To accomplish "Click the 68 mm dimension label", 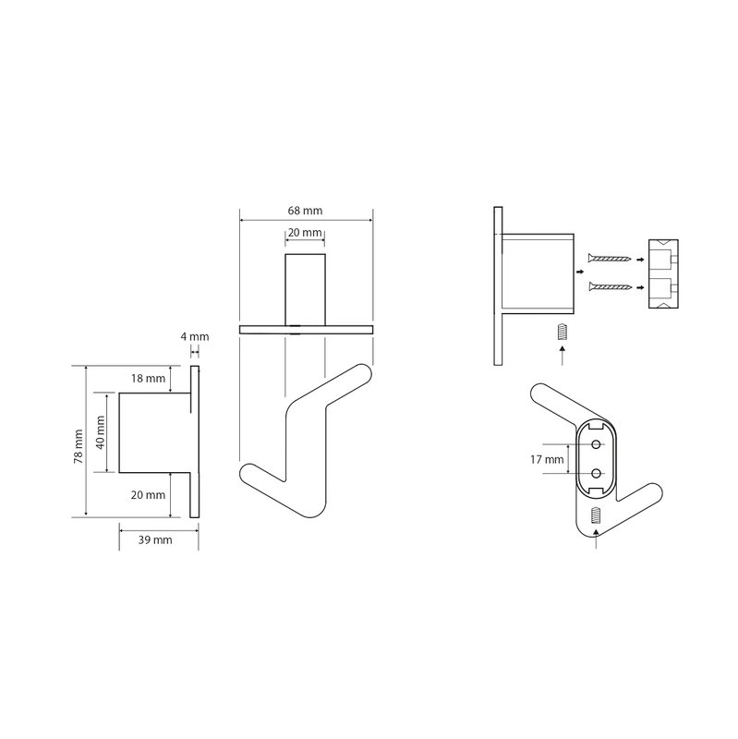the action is [x=305, y=211].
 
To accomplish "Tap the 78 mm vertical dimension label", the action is [x=79, y=446].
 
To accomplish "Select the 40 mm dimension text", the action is [x=101, y=432].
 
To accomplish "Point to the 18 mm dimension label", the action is [x=148, y=379].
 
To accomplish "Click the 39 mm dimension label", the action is [x=155, y=540].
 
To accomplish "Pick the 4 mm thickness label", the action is [x=195, y=336].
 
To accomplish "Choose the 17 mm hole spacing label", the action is [x=547, y=459].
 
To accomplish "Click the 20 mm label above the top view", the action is [x=305, y=233].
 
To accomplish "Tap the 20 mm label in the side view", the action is [x=148, y=495].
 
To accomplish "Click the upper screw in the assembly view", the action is [x=610, y=258].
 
